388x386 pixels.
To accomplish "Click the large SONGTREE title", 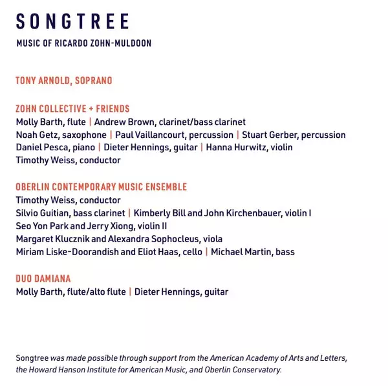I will click(72, 22).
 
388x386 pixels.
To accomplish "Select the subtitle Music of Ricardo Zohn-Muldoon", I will click(84, 43).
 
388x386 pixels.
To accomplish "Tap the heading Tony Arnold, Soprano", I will click(64, 81).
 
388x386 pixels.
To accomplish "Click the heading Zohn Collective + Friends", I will click(72, 109).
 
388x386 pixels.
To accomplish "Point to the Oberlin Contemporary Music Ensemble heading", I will click(102, 187).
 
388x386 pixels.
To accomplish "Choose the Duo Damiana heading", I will click(43, 279).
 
